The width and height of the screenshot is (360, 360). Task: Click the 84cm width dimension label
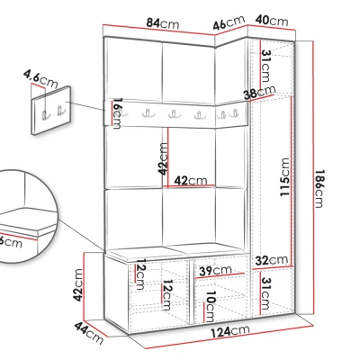162,23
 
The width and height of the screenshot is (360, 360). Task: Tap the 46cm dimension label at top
229,22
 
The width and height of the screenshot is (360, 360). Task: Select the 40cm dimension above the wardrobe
272,21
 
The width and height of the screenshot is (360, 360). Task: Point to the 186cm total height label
319,188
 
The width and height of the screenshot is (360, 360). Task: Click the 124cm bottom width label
229,331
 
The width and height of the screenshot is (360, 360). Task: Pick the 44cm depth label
89,332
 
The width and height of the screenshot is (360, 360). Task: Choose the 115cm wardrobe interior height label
284,177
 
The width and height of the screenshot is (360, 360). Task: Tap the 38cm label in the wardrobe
260,93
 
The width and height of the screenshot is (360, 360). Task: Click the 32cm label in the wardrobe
272,260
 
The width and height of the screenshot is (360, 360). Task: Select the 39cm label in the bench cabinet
216,271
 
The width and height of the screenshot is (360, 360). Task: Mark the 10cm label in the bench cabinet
210,306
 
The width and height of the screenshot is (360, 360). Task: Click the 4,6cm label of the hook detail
40,79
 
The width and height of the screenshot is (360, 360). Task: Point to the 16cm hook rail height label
117,113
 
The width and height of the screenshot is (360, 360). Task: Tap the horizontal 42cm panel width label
191,181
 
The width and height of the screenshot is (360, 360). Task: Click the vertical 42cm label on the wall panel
163,158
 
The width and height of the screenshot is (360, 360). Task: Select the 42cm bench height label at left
78,285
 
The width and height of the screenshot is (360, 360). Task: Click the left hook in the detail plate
45,114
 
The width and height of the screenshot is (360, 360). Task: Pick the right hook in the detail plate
60,111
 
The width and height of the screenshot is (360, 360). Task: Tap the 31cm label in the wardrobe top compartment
266,66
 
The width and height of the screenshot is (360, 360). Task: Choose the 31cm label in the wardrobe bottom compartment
265,293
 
